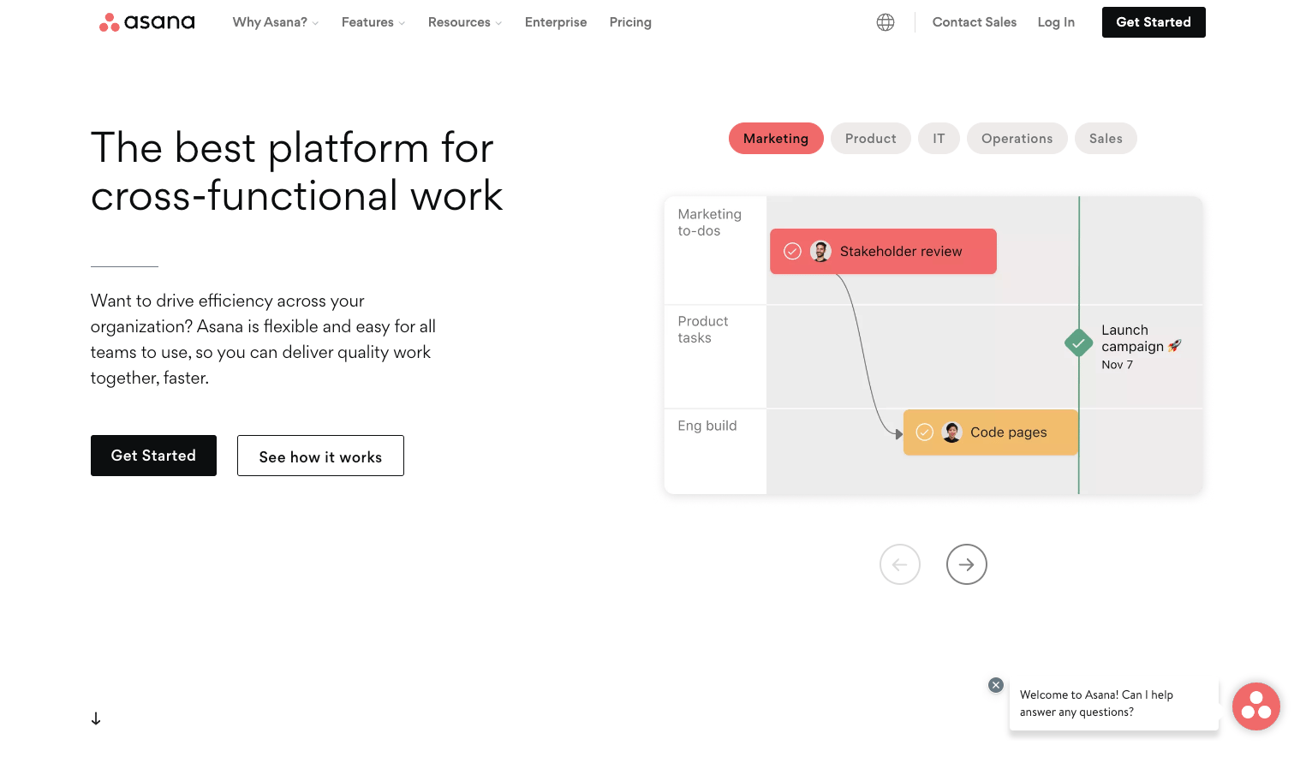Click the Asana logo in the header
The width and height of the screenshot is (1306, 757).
146,22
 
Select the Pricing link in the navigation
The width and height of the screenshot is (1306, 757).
630,22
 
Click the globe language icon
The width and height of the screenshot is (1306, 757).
886,22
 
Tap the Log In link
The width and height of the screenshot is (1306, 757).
1056,22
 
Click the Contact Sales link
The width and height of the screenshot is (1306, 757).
974,22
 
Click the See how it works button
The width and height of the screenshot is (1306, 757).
320,456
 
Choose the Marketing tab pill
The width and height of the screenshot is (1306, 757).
776,139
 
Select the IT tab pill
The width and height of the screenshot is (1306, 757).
939,139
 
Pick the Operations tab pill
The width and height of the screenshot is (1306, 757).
1017,139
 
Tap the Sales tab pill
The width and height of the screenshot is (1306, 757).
1106,139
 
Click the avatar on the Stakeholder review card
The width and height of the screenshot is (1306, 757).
820,251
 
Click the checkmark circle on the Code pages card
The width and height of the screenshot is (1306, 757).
925,432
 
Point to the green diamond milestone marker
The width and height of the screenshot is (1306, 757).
1078,343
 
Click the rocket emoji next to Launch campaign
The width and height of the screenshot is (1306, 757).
1174,346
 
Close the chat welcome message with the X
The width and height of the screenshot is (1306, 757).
995,685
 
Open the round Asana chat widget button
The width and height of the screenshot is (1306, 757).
1255,706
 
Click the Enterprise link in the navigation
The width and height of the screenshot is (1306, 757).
556,22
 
